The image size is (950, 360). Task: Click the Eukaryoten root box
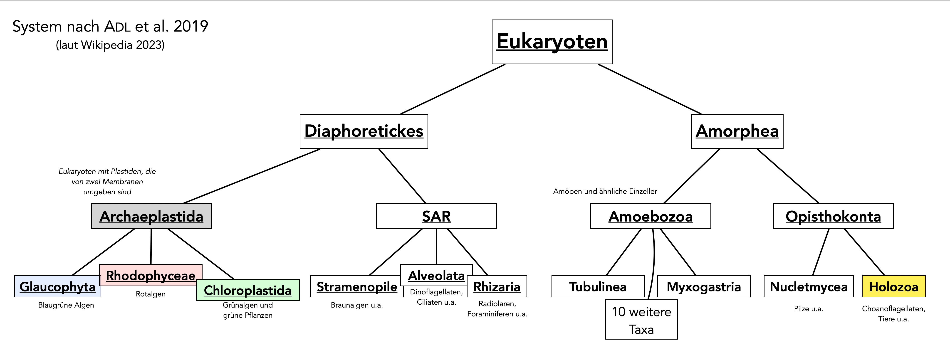coord(552,42)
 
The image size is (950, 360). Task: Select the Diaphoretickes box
coord(364,131)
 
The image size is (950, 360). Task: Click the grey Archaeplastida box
coord(151,216)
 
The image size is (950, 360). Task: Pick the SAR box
coord(436,216)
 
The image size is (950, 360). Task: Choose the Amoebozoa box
coord(650,216)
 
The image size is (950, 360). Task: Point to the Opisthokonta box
coord(833,216)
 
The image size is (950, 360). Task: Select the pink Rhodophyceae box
coord(151,275)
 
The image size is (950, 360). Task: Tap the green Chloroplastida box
coord(247,290)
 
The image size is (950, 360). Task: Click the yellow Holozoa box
coord(893,287)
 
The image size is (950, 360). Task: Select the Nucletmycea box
coord(808,287)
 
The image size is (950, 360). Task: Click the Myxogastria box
coord(704,287)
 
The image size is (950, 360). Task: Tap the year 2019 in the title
coord(191,27)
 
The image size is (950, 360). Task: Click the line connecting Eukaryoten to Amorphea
coord(649,89)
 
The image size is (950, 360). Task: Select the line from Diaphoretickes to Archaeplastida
coord(252,176)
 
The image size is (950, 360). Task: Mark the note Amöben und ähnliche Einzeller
coord(605,191)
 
